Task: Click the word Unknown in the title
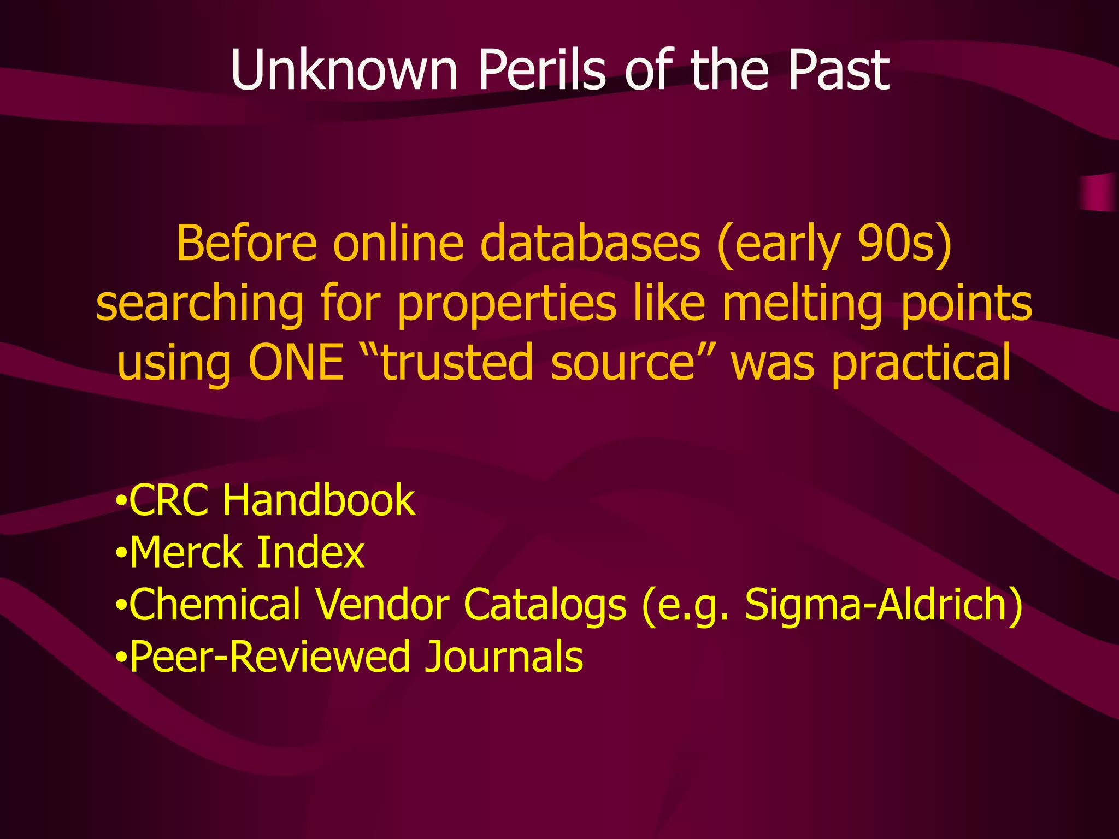[x=344, y=70]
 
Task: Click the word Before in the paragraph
[x=246, y=244]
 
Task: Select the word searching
[x=199, y=304]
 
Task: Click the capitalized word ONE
[x=296, y=363]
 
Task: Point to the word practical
[x=921, y=363]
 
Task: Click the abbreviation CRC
[x=169, y=500]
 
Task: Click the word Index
[x=310, y=553]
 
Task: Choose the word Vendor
[x=382, y=605]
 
